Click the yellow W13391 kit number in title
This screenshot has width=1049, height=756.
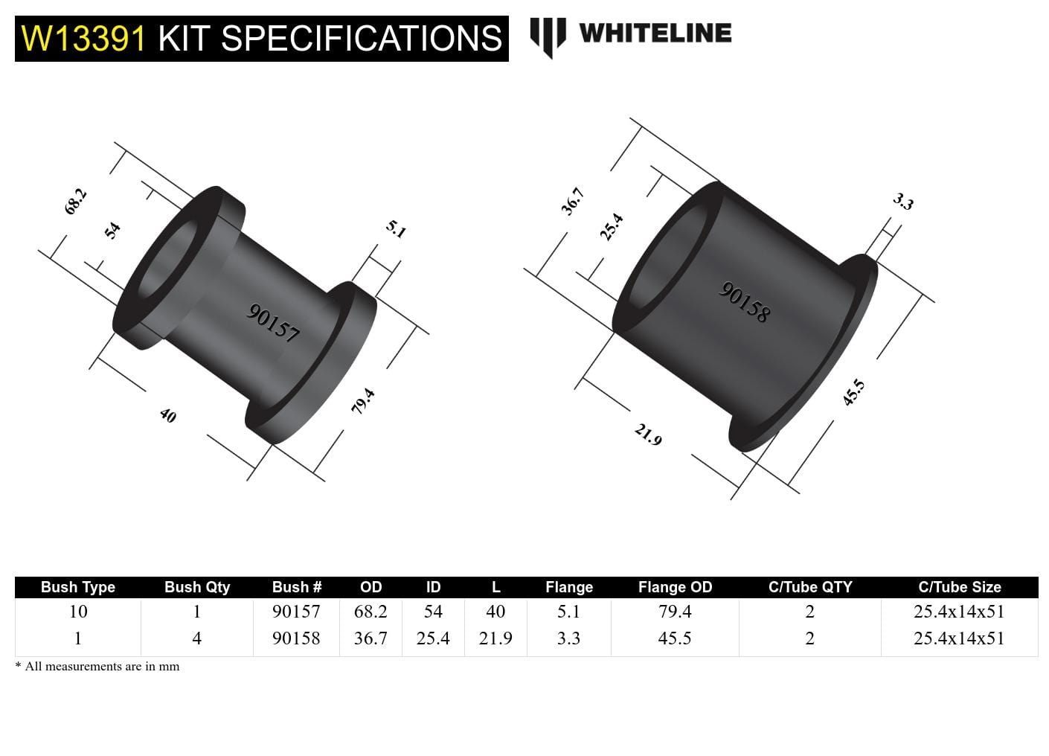click(x=83, y=38)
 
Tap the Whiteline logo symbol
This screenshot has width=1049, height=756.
click(x=548, y=36)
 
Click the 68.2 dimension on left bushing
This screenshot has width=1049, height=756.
click(x=75, y=202)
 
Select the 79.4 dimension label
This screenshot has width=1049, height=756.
click(x=362, y=402)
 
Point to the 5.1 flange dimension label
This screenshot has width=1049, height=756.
click(x=396, y=228)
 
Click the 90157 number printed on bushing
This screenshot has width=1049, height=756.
click(x=273, y=323)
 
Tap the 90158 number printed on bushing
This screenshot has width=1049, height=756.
click(x=744, y=302)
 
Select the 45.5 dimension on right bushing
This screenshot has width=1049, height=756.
click(x=853, y=392)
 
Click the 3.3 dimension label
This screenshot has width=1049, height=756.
click(x=902, y=202)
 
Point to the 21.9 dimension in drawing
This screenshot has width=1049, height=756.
click(x=647, y=434)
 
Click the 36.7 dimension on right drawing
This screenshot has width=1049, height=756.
click(x=572, y=202)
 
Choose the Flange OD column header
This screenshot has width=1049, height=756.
click(x=675, y=587)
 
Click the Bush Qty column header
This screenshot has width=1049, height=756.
click(x=197, y=587)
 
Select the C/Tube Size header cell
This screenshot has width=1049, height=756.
click(x=959, y=587)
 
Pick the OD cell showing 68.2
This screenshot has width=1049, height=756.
click(x=370, y=612)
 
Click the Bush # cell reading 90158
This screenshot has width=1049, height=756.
click(x=296, y=638)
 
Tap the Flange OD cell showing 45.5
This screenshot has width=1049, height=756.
click(x=675, y=638)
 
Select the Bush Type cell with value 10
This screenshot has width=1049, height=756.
click(x=78, y=612)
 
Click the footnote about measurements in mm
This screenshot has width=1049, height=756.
click(x=97, y=666)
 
